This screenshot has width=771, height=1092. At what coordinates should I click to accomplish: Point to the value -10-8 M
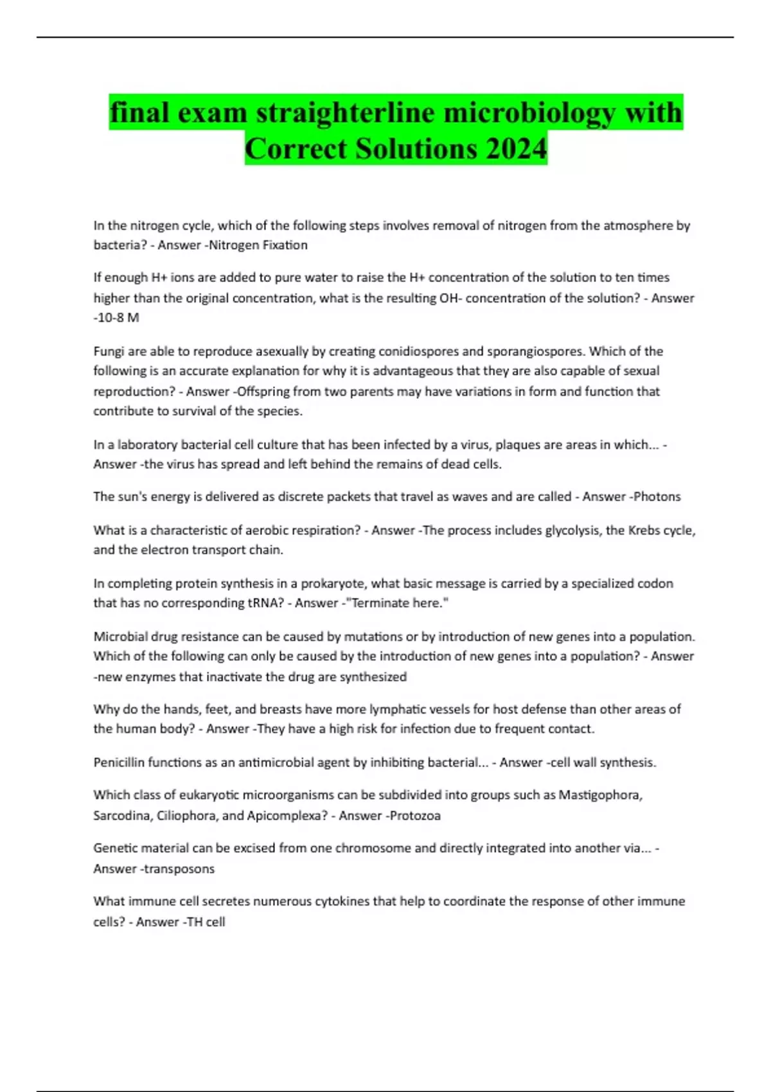pyautogui.click(x=116, y=317)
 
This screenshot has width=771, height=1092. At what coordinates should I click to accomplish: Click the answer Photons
pyautogui.click(x=657, y=497)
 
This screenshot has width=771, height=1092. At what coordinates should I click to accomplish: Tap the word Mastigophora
pyautogui.click(x=600, y=795)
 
